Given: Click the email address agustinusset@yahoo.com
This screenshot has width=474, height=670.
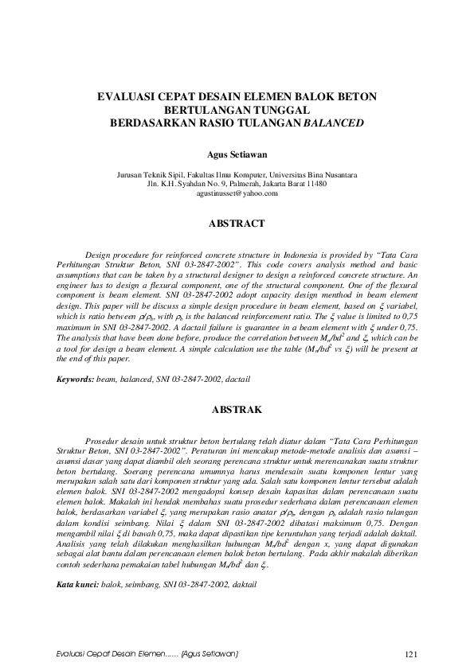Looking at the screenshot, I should tap(237, 193).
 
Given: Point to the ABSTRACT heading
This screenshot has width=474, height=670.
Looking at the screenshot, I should tap(237, 224).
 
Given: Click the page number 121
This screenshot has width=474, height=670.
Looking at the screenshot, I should tap(411, 654).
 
